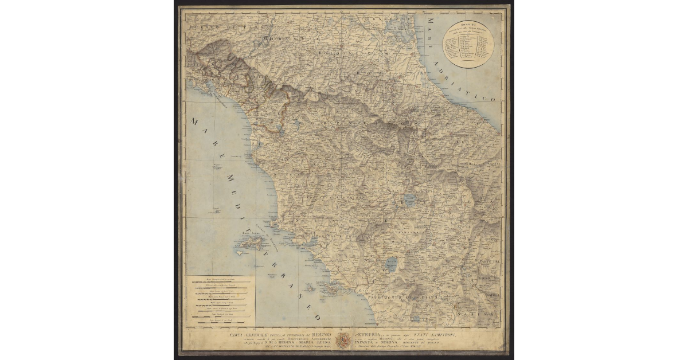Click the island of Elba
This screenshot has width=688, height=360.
click(250, 244)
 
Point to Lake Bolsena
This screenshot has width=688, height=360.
click(391, 265)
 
